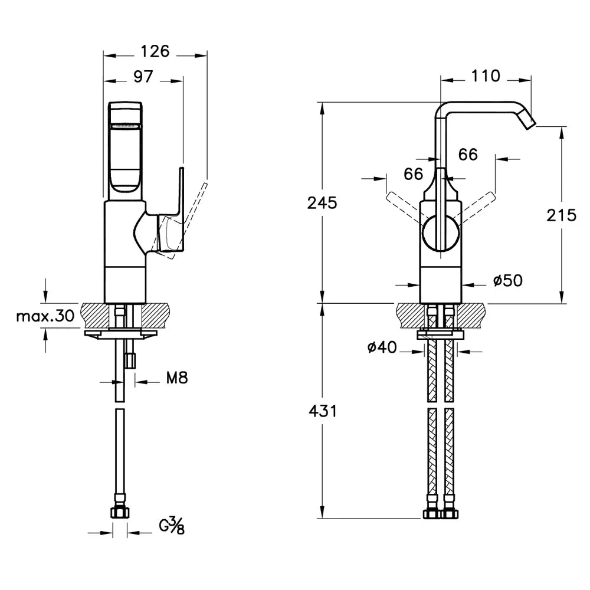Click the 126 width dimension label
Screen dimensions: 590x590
coord(156,51)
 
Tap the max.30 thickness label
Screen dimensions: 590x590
coord(45,316)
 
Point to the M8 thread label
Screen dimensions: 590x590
coord(176,378)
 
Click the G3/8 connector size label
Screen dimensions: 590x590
coord(172,525)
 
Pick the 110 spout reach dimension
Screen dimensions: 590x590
coord(486,76)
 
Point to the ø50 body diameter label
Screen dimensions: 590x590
coord(507,281)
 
